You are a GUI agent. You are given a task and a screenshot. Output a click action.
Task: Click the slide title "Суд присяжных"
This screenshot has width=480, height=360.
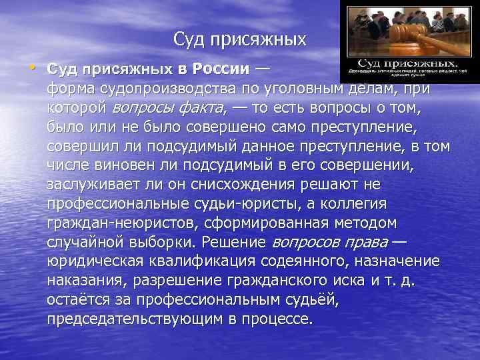point(239,39)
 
